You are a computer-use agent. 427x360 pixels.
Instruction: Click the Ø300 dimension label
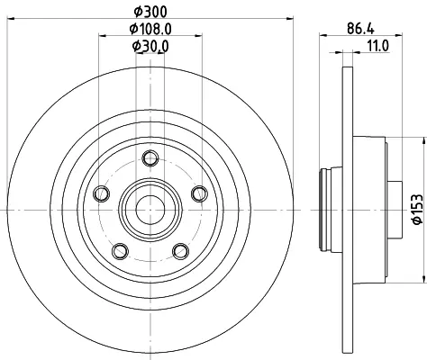pyautogui.click(x=150, y=12)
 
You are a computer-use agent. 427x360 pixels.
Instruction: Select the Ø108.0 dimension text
pyautogui.click(x=150, y=29)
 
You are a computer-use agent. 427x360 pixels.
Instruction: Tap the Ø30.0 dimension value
pyautogui.click(x=150, y=46)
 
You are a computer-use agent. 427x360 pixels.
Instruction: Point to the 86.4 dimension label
pyautogui.click(x=360, y=29)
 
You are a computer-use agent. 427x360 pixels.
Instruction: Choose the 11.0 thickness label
pyautogui.click(x=377, y=46)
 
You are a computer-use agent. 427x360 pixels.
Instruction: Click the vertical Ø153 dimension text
pyautogui.click(x=418, y=209)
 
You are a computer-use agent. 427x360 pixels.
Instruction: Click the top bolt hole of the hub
pyautogui.click(x=150, y=158)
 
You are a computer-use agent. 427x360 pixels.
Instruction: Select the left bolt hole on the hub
pyautogui.click(x=101, y=193)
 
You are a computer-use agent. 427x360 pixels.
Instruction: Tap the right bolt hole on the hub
pyautogui.click(x=199, y=193)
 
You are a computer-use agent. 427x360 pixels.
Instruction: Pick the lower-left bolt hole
pyautogui.click(x=120, y=251)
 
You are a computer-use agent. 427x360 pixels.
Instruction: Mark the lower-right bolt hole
pyautogui.click(x=181, y=251)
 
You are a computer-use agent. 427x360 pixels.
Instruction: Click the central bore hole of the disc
pyautogui.click(x=150, y=210)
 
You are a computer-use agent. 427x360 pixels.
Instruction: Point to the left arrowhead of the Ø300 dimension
pyautogui.click(x=11, y=19)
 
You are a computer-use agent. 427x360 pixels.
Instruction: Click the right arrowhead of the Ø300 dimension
pyautogui.click(x=289, y=19)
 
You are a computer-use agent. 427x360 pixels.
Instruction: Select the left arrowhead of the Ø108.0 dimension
pyautogui.click(x=103, y=36)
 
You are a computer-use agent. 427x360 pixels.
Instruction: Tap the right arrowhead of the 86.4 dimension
pyautogui.click(x=398, y=35)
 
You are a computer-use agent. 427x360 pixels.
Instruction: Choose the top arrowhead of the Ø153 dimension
pyautogui.click(x=424, y=141)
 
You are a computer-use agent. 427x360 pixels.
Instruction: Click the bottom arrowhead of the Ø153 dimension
pyautogui.click(x=424, y=279)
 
